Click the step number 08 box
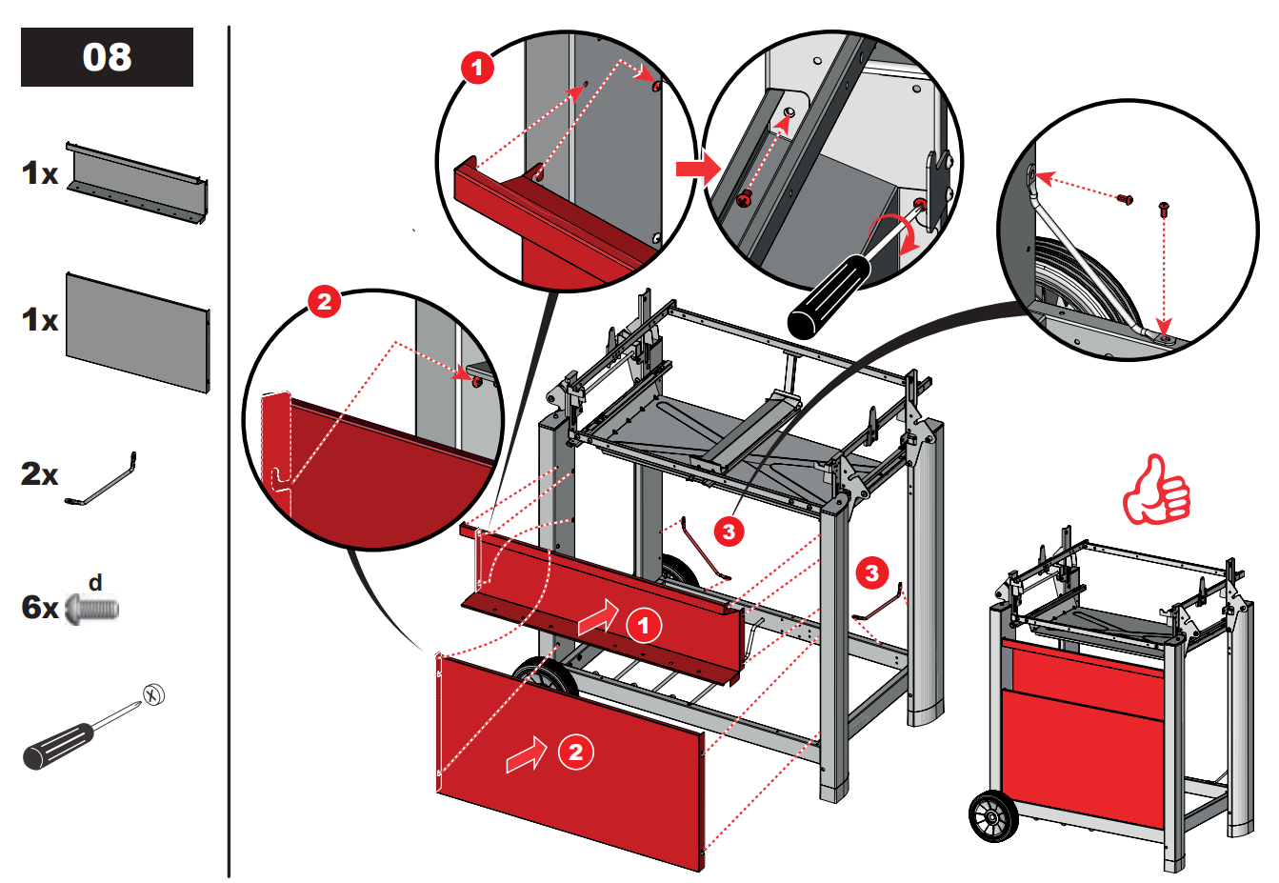coord(107,57)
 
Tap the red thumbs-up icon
coord(1156,491)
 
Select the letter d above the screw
coord(95,582)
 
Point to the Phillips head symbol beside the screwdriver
coord(153,695)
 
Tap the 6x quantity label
coord(39,607)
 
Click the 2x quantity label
coord(39,473)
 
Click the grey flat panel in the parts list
coord(137,332)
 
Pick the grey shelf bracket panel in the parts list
coord(137,181)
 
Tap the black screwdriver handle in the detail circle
coord(829,295)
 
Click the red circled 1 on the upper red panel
coord(644,626)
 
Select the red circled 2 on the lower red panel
coord(575,753)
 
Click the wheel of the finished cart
coord(992,816)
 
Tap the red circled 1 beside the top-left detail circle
coord(477,68)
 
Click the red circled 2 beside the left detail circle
coord(324,303)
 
